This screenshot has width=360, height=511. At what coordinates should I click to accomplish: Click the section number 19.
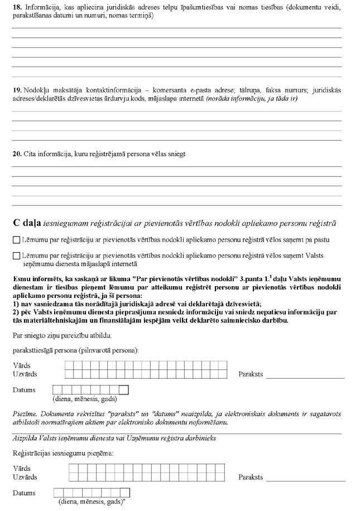(16, 89)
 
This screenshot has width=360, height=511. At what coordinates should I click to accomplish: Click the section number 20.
(16, 153)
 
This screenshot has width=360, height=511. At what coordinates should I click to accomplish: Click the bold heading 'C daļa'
(27, 223)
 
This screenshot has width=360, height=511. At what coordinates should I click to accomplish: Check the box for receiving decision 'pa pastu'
(16, 240)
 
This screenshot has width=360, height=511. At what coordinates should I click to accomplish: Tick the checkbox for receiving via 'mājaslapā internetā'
(16, 255)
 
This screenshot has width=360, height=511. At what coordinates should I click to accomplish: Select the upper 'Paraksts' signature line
(305, 377)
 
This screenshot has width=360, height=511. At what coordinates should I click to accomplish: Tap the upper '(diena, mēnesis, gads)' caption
(85, 399)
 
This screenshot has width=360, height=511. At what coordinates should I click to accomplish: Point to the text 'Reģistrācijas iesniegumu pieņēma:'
(63, 454)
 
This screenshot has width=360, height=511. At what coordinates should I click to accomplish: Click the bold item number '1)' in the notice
(15, 302)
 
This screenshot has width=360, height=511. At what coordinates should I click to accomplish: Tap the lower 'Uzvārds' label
(25, 477)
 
